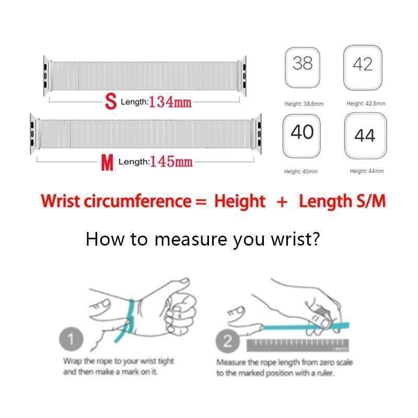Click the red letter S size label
111,101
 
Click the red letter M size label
107,162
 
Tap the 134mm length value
170,102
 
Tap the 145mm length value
171,161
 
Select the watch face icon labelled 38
303,67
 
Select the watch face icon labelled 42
363,67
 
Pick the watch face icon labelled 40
302,136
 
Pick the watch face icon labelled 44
365,136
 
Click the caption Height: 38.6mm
304,103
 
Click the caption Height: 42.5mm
366,103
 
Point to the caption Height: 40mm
301,171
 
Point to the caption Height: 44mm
367,171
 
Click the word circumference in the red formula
137,201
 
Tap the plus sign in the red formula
282,202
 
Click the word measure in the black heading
191,239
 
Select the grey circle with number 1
71,339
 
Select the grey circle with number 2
227,341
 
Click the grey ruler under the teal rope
298,345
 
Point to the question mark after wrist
316,239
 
